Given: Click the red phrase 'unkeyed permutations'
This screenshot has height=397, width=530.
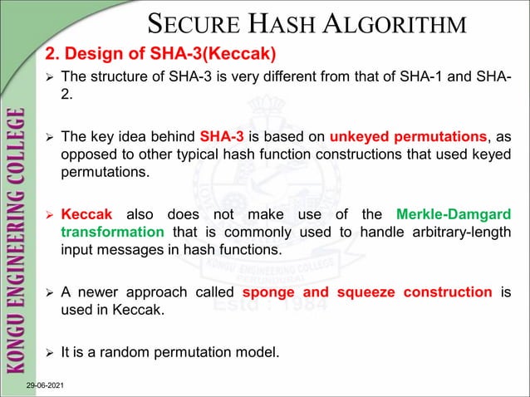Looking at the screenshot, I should (408, 136).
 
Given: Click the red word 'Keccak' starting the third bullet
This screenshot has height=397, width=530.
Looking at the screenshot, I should (88, 214).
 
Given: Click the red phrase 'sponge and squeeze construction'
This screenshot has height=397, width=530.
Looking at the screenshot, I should (366, 292).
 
